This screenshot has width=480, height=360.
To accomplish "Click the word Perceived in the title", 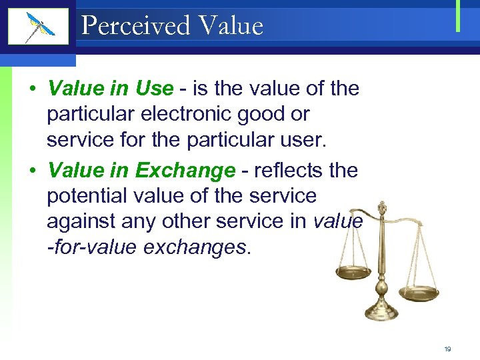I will click(x=135, y=26).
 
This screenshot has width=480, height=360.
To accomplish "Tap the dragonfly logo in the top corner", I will click(x=39, y=27).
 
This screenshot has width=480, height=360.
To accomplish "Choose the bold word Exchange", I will click(x=185, y=171).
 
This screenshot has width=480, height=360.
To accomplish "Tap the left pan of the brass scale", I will click(x=353, y=273).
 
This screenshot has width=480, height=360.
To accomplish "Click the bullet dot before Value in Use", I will click(x=32, y=89).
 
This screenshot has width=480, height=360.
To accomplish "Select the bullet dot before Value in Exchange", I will click(x=32, y=171).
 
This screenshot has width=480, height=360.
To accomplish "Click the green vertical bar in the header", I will click(x=459, y=16).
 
